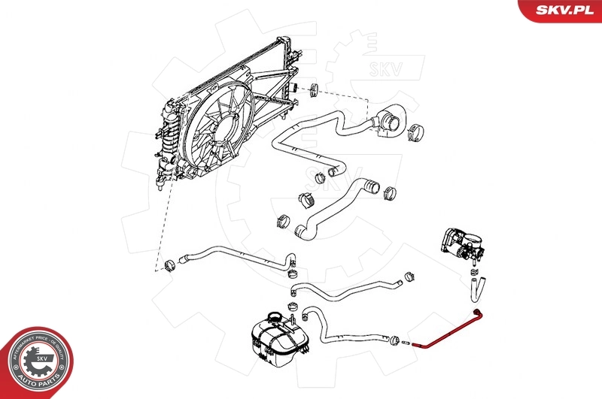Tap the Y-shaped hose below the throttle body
477,286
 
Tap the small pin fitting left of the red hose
406,343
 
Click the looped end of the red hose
476,313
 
